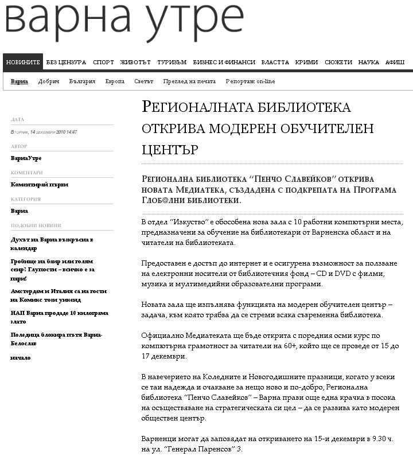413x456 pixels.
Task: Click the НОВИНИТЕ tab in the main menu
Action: [23, 63]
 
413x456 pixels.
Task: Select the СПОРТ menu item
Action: [103, 63]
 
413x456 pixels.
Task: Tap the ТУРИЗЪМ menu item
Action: [172, 63]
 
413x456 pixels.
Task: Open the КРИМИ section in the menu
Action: [306, 63]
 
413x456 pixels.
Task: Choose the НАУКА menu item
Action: [368, 63]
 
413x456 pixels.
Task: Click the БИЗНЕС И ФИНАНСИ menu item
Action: [224, 63]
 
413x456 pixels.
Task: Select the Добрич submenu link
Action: [49, 81]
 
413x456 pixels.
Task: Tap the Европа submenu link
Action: [115, 81]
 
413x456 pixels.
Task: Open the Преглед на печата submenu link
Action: [189, 81]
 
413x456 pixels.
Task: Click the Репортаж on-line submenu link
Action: [250, 81]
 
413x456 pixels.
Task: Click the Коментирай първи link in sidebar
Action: [40, 185]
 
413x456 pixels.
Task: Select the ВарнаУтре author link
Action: [26, 158]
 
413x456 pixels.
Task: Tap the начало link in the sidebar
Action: [21, 358]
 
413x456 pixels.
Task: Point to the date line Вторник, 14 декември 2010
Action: [44, 132]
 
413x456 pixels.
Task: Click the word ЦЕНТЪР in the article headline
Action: [170, 150]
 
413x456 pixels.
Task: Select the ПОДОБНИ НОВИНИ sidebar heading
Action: [36, 225]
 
